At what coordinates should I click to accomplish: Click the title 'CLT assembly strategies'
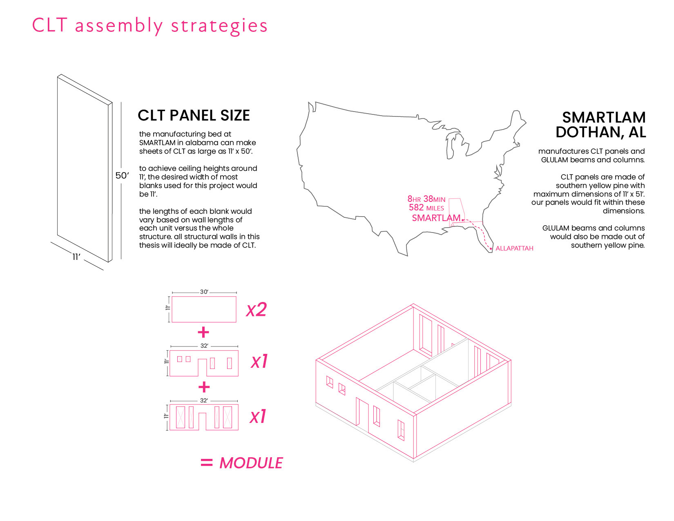point(150,25)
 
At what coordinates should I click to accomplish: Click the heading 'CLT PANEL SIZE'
point(194,116)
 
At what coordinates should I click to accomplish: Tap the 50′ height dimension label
point(122,176)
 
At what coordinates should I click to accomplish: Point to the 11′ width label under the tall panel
point(76,257)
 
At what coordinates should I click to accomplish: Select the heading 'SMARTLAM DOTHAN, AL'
point(600,125)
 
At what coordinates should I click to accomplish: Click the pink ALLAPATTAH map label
point(514,248)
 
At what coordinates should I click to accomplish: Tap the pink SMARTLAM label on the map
point(436,218)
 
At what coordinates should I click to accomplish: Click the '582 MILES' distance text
point(426,208)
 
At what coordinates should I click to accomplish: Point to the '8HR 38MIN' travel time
point(426,199)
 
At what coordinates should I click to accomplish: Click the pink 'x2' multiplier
point(256,310)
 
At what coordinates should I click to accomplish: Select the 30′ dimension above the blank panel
point(204,292)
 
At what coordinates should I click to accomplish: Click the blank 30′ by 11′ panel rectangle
point(204,309)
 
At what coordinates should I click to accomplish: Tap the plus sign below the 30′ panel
point(203,333)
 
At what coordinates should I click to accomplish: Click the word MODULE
point(251,463)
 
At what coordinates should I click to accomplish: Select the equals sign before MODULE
point(207,463)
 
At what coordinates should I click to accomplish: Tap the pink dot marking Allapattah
point(491,248)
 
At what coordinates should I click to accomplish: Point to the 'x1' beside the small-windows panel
point(259,362)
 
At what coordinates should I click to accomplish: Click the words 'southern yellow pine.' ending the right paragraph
point(608,245)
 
